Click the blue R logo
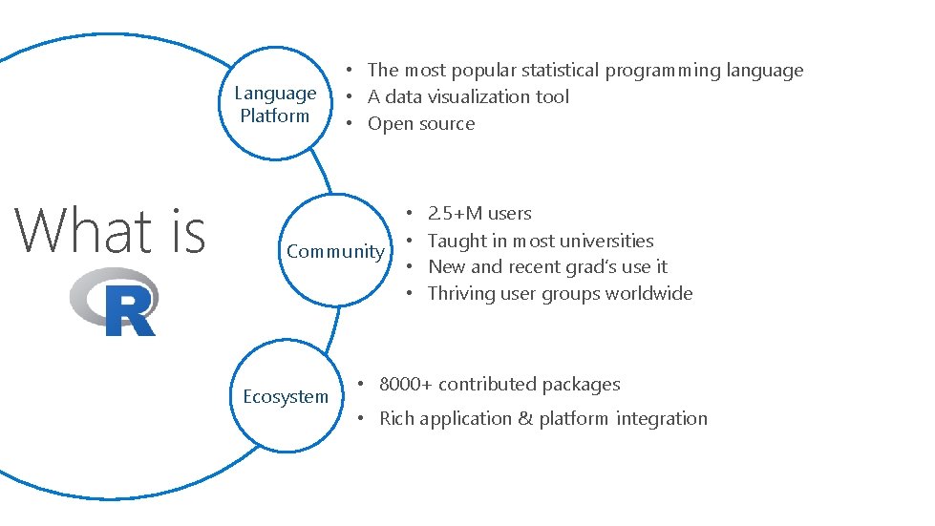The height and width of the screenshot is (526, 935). [x=115, y=303]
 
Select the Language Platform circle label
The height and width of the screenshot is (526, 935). [x=275, y=104]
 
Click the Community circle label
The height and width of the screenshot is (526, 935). [x=335, y=251]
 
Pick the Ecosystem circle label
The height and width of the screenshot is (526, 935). [x=285, y=396]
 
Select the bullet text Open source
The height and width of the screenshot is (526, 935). [x=421, y=123]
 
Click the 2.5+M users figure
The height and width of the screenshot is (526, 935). [x=479, y=213]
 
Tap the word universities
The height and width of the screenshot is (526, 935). [x=608, y=241]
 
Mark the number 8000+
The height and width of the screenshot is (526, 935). [x=406, y=385]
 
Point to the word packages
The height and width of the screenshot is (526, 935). [x=581, y=385]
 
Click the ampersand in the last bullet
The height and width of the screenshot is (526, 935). [x=524, y=418]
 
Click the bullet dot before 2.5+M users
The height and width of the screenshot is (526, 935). [x=410, y=214]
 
